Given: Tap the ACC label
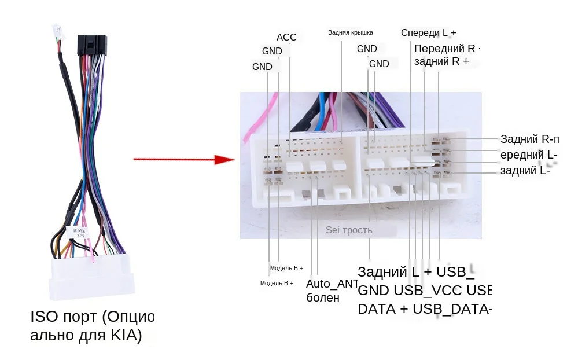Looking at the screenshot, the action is coord(286,37).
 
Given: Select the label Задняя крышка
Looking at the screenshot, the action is coord(351,32).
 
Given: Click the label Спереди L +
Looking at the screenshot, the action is coord(428,32).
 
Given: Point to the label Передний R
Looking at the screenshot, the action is coord(444,48).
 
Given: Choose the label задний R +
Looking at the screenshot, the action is coord(441,61).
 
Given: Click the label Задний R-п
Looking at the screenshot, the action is coord(529,139).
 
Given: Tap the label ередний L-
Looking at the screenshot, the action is coord(529,155).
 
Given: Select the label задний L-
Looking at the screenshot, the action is coord(525,170).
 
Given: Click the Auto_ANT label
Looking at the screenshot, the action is coord(332,284).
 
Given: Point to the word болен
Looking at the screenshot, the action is coord(322,298).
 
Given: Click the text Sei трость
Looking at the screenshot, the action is coord(349,230).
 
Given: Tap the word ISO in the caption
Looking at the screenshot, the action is coord(44,317).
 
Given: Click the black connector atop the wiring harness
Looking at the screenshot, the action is coord(92,45).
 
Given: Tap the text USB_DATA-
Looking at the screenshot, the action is coord(452,308).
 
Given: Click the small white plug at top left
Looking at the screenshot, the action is coord(57,31).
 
